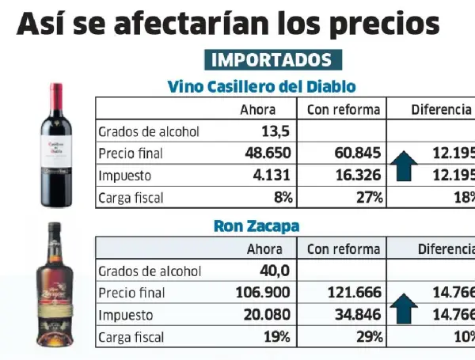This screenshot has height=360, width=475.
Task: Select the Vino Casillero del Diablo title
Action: pyautogui.click(x=261, y=86)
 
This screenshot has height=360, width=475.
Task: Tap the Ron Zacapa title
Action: pyautogui.click(x=256, y=226)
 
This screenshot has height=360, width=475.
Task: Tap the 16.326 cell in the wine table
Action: pyautogui.click(x=358, y=175)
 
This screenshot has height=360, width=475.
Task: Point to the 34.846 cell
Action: pyautogui.click(x=358, y=315)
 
